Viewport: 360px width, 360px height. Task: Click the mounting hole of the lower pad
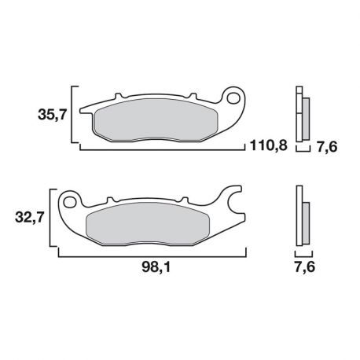tap(69, 202)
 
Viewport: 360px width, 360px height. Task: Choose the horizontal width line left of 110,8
tap(157, 146)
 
